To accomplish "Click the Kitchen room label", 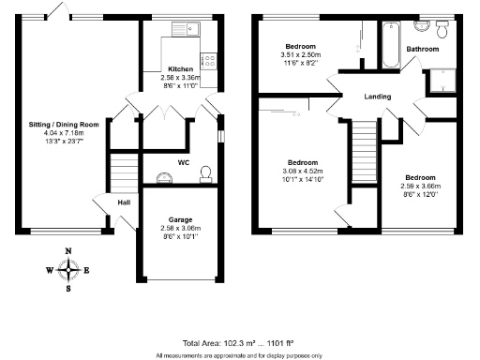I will (x=181, y=69).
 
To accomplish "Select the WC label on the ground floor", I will (x=184, y=162).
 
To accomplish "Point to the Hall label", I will (x=124, y=202).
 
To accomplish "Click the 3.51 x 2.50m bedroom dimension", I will (x=301, y=55).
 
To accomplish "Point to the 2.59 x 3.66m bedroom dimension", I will (x=420, y=186).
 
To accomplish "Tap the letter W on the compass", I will (x=50, y=270).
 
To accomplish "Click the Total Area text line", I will (x=239, y=343).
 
